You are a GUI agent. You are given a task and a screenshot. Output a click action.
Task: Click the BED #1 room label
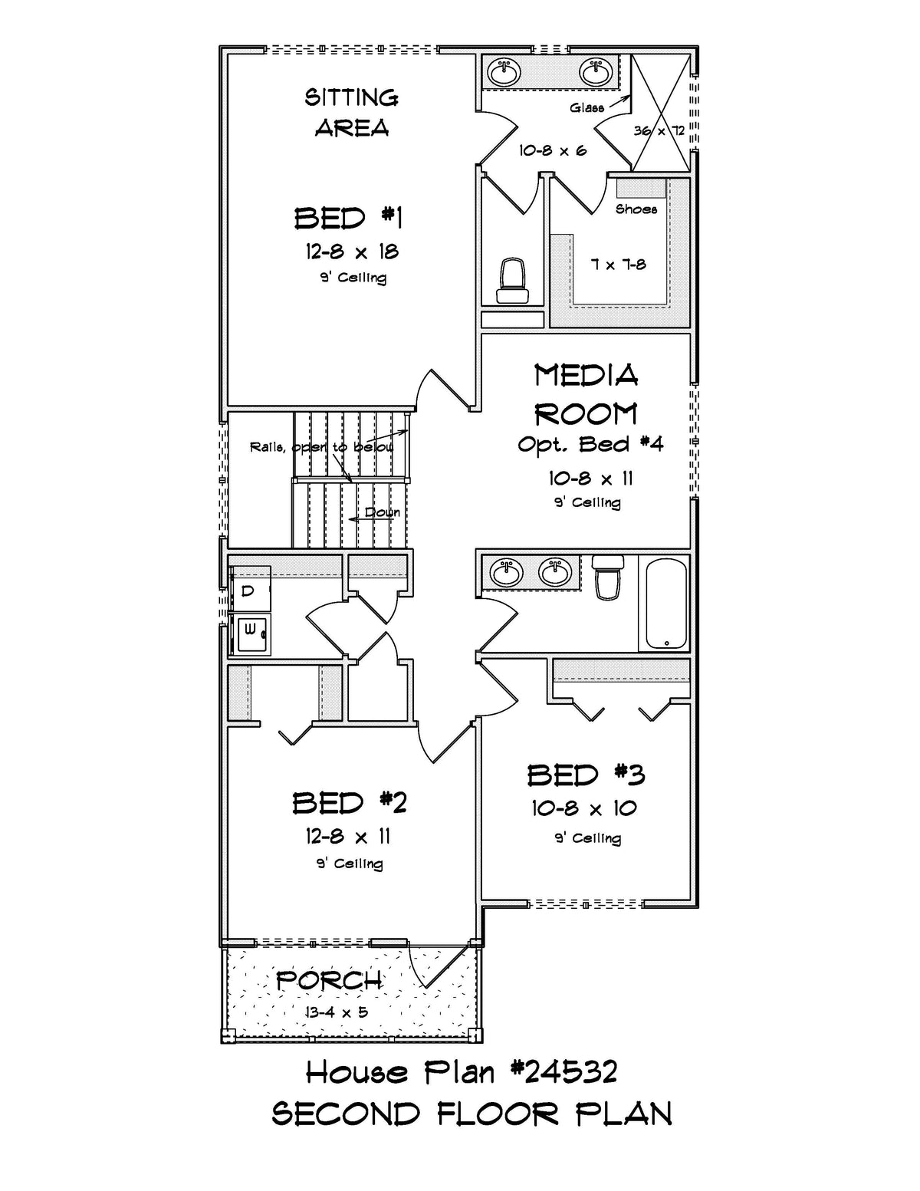349,218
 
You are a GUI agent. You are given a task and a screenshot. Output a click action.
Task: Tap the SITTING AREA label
351,113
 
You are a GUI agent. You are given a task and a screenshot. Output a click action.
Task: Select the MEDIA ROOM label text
586,395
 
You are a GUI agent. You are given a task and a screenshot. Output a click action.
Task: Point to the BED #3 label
586,775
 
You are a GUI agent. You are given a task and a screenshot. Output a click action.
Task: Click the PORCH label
329,981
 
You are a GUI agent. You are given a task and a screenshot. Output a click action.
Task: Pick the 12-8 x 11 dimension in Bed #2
348,836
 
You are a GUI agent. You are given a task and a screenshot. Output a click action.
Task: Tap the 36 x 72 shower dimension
659,131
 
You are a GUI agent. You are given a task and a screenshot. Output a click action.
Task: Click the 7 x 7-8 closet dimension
619,265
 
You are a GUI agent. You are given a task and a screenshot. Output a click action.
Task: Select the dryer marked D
251,590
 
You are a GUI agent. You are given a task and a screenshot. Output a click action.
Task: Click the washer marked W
251,633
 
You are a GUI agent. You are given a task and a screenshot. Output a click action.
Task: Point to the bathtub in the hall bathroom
665,603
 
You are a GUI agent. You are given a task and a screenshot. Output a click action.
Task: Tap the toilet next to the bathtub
608,577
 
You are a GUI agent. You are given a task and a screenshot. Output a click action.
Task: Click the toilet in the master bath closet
513,281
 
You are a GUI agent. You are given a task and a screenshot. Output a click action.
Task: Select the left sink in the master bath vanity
504,72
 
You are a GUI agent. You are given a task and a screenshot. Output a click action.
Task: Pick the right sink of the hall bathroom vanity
555,571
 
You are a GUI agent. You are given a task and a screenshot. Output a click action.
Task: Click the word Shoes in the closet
636,209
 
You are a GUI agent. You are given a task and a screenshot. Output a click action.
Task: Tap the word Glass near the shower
586,107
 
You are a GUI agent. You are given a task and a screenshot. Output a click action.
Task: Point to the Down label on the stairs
383,512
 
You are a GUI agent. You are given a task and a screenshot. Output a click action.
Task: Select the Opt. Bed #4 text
590,444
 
